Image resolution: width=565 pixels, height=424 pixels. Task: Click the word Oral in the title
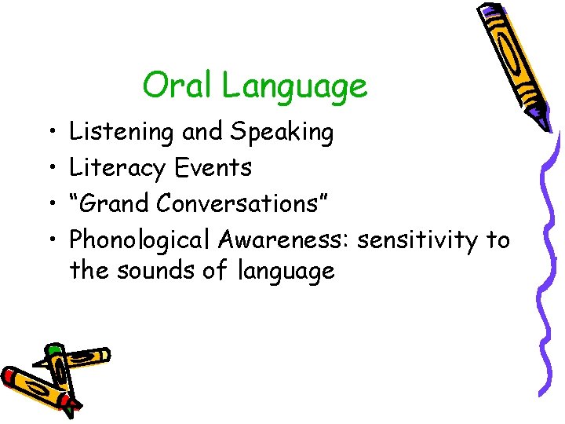pos(178,86)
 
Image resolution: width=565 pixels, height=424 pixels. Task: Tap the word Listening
pos(122,133)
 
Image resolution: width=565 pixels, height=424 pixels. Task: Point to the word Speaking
pos(282,133)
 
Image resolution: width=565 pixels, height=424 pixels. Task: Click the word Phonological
pos(141,239)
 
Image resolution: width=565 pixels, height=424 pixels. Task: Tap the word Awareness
pos(283,239)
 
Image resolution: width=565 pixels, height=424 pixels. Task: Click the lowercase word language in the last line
pos(285,272)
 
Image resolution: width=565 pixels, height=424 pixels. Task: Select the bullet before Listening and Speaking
pos(49,133)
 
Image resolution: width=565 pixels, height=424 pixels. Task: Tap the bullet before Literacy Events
pos(49,168)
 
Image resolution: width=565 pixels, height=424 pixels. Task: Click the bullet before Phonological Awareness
pos(49,239)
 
